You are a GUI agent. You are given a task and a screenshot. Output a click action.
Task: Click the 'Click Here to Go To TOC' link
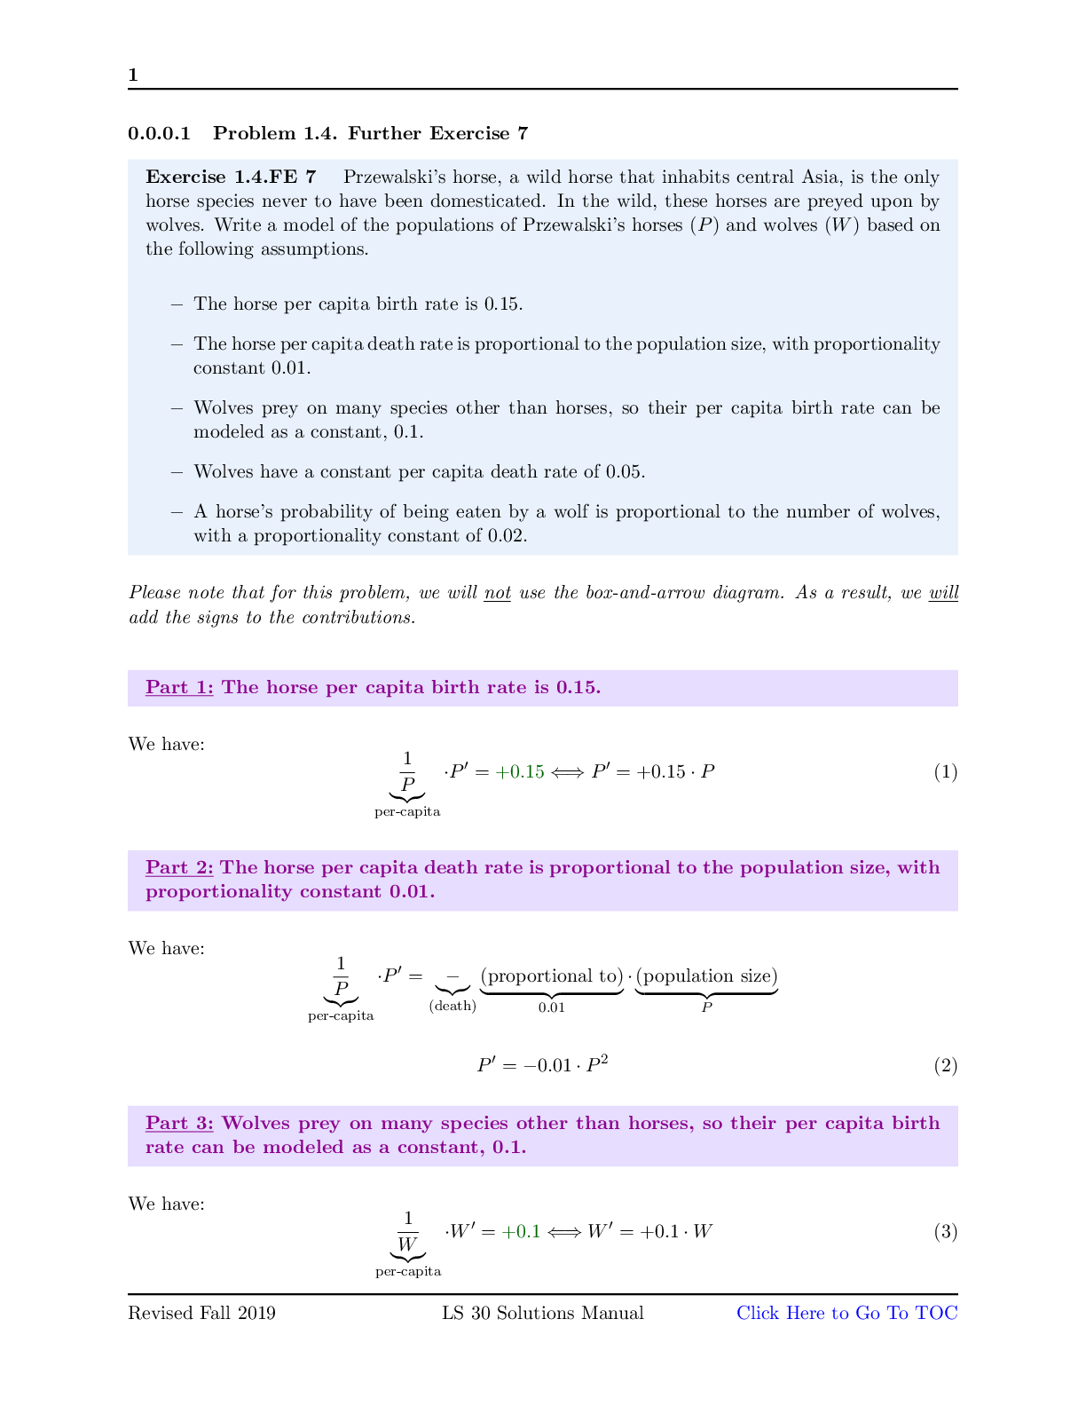tap(846, 1313)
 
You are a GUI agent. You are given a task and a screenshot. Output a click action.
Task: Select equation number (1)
tap(945, 771)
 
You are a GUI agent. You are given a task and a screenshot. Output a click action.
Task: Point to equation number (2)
tap(945, 1065)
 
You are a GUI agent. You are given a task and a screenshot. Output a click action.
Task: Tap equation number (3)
tap(945, 1231)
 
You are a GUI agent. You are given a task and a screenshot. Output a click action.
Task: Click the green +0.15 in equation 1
tap(520, 771)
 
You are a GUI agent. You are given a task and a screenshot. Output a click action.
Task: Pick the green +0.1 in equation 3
tap(521, 1231)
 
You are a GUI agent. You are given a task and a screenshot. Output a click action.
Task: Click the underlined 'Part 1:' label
tap(179, 687)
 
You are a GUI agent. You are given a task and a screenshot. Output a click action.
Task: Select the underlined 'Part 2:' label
tap(179, 867)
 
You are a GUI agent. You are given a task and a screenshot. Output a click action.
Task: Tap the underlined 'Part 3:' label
tap(179, 1123)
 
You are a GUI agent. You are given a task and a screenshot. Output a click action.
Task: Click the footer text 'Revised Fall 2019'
tap(201, 1313)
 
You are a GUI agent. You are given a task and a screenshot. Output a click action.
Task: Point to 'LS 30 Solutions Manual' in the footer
tap(543, 1313)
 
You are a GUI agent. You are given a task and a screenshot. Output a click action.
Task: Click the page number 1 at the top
tap(133, 75)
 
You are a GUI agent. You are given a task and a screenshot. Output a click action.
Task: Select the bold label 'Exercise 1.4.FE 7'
tap(231, 177)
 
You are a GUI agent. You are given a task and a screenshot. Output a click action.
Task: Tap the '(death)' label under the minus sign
tap(452, 1006)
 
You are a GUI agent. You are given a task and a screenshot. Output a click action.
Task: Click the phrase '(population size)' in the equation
tap(707, 976)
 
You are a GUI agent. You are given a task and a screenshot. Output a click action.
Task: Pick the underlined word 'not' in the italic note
tap(497, 592)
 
